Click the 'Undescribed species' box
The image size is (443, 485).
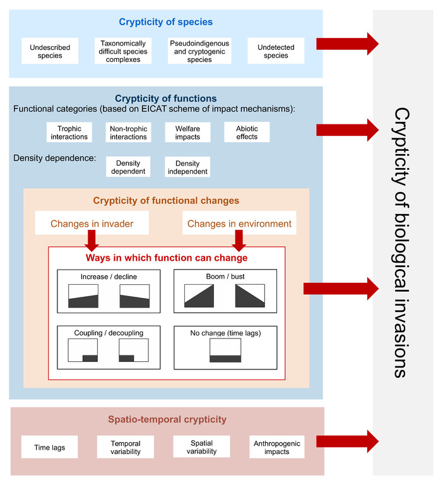pos(50,51)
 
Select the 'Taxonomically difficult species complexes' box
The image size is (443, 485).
pos(123,51)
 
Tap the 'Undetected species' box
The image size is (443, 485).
pos(276,51)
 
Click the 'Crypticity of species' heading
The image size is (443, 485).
pos(166,22)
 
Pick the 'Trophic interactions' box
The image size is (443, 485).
pos(69,133)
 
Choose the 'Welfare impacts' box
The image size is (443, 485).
pos(187,133)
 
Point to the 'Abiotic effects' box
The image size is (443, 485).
pos(247,133)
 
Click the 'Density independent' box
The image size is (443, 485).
pos(187,167)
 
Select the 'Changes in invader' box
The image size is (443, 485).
pos(92,223)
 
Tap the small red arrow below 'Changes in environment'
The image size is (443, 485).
pos(239,241)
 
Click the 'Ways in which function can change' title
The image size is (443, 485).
pos(167,258)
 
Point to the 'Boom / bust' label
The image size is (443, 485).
pos(225,277)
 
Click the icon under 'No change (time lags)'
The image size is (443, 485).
pos(225,350)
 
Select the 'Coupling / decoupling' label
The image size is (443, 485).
pos(109,333)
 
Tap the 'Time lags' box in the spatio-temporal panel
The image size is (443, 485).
pos(49,447)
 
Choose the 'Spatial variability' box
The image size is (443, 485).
pos(201,447)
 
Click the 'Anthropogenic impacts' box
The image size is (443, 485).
pos(276,447)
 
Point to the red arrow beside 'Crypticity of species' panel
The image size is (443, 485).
pos(347,44)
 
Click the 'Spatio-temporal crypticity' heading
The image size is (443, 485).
pos(167,419)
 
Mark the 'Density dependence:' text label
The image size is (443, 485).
pos(55,158)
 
